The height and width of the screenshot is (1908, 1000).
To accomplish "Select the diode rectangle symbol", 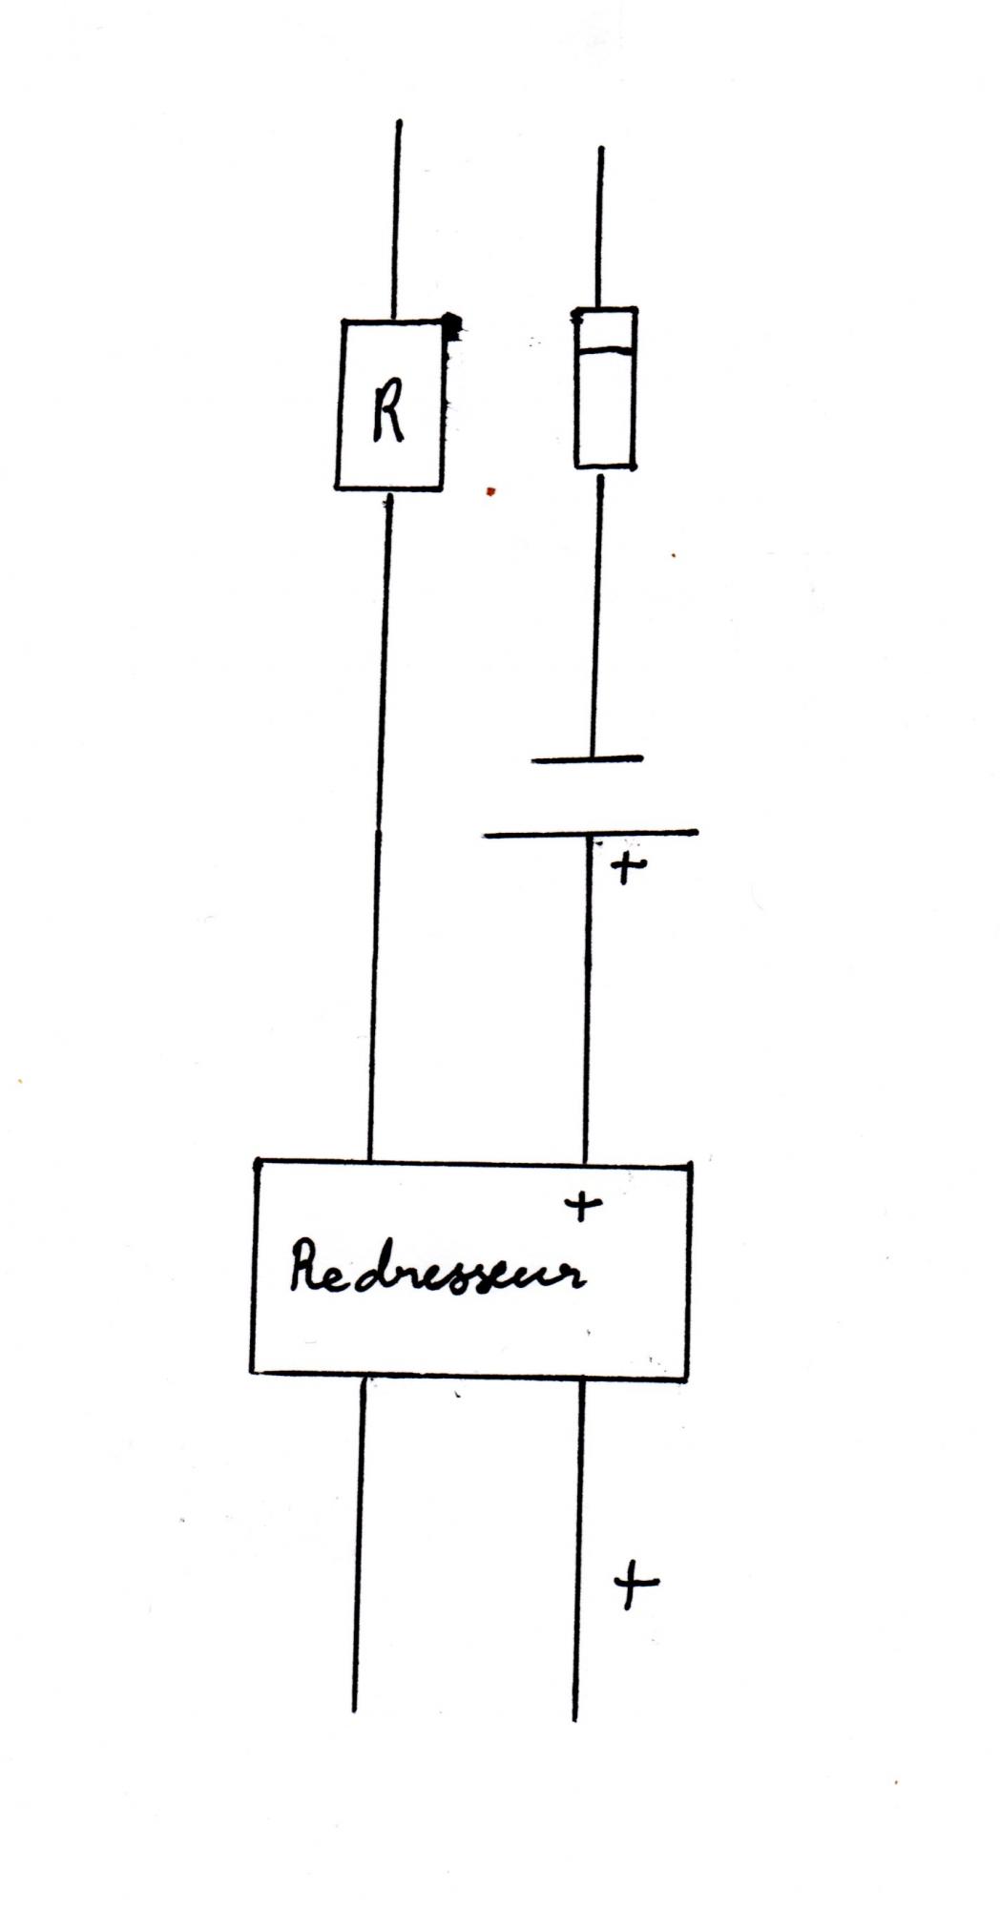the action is (605, 388).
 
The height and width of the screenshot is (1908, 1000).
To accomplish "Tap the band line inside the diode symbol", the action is (605, 351).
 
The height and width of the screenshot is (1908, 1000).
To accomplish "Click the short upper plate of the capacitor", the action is (588, 760).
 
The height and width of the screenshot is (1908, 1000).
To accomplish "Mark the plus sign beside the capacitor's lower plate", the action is (625, 867).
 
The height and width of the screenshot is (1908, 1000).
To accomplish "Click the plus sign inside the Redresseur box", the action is (583, 1206).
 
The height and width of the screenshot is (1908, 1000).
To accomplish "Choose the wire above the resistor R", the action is (397, 219).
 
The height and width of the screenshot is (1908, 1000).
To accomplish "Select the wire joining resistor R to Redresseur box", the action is (379, 820).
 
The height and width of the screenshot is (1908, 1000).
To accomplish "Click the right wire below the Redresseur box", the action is (578, 1545).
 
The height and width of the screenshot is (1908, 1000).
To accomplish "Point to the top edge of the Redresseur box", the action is (472, 1162).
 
